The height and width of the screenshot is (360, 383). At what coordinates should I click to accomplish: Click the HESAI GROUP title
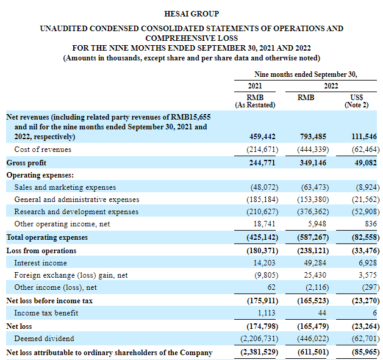point(191,13)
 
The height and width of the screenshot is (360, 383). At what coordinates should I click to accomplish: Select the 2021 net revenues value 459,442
point(263,137)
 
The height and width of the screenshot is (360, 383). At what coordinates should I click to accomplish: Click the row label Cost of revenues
point(43,149)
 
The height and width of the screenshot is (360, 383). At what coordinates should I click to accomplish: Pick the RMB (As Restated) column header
point(255,101)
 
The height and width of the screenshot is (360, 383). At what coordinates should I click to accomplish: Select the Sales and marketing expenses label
point(65,187)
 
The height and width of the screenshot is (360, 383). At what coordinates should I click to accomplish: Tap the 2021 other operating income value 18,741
point(265,224)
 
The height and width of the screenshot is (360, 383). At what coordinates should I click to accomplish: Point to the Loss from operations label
point(41,251)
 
